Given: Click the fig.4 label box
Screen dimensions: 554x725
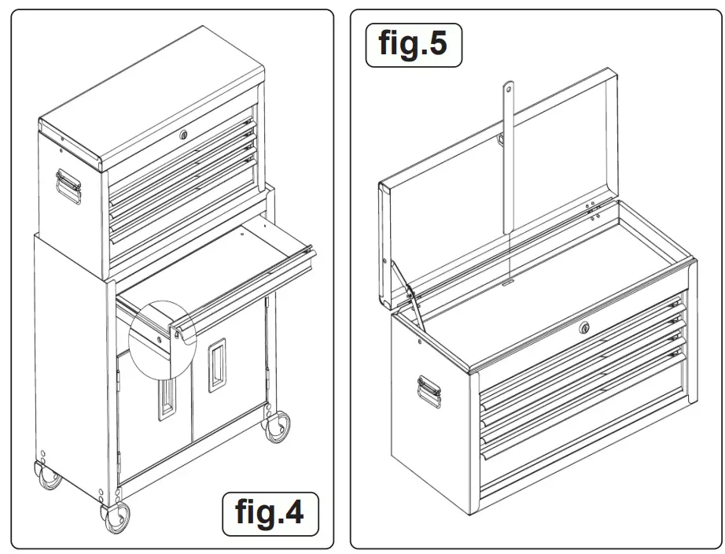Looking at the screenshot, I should click(x=269, y=512).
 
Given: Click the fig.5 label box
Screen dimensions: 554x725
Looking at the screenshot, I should click(x=414, y=44).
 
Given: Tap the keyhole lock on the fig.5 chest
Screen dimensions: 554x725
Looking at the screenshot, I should click(x=584, y=327).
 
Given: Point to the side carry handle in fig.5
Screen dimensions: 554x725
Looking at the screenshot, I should click(x=429, y=390).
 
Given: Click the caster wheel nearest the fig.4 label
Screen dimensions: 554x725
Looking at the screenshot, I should click(x=277, y=426).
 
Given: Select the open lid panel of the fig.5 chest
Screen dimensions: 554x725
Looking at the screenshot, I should click(x=503, y=189).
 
